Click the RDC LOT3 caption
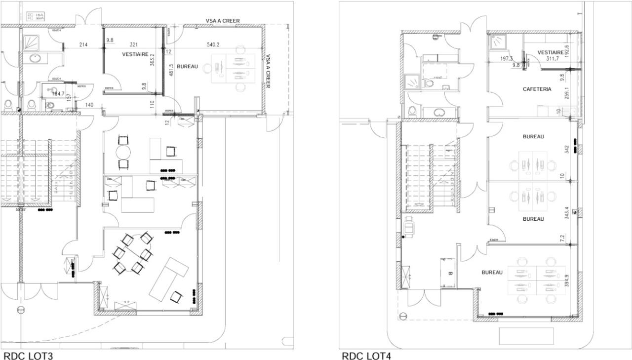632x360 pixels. [x=28, y=355]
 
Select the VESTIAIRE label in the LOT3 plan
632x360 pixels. [x=135, y=54]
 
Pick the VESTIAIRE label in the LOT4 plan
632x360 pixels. [x=551, y=52]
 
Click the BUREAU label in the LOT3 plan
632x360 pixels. [x=187, y=66]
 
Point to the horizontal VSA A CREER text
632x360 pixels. [x=223, y=21]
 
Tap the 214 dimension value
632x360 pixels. [x=84, y=45]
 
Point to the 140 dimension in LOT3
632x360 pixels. [x=89, y=105]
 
